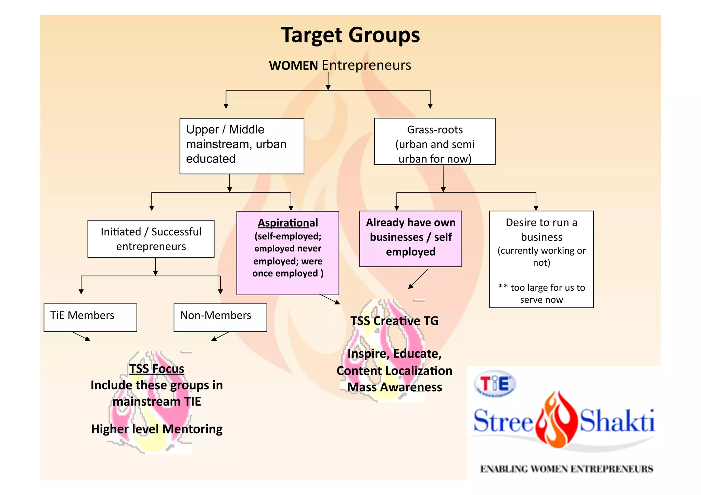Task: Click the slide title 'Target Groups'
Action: [x=350, y=35]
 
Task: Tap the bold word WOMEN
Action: [x=293, y=65]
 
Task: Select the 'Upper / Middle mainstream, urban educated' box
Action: [x=242, y=146]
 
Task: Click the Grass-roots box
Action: [x=435, y=141]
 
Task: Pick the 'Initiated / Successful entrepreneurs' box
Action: [x=151, y=239]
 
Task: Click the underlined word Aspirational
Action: [x=288, y=223]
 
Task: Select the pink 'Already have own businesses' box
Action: [x=410, y=238]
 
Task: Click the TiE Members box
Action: [x=90, y=317]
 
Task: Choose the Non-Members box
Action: [x=220, y=317]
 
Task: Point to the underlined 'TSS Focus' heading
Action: [x=157, y=369]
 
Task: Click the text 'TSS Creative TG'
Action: [x=394, y=321]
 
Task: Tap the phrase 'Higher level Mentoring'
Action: [x=157, y=429]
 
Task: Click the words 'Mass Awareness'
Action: [x=395, y=387]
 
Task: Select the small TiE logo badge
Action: [x=495, y=384]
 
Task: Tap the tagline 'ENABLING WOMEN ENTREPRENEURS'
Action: [x=566, y=469]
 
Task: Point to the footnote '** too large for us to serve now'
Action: [x=541, y=294]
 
